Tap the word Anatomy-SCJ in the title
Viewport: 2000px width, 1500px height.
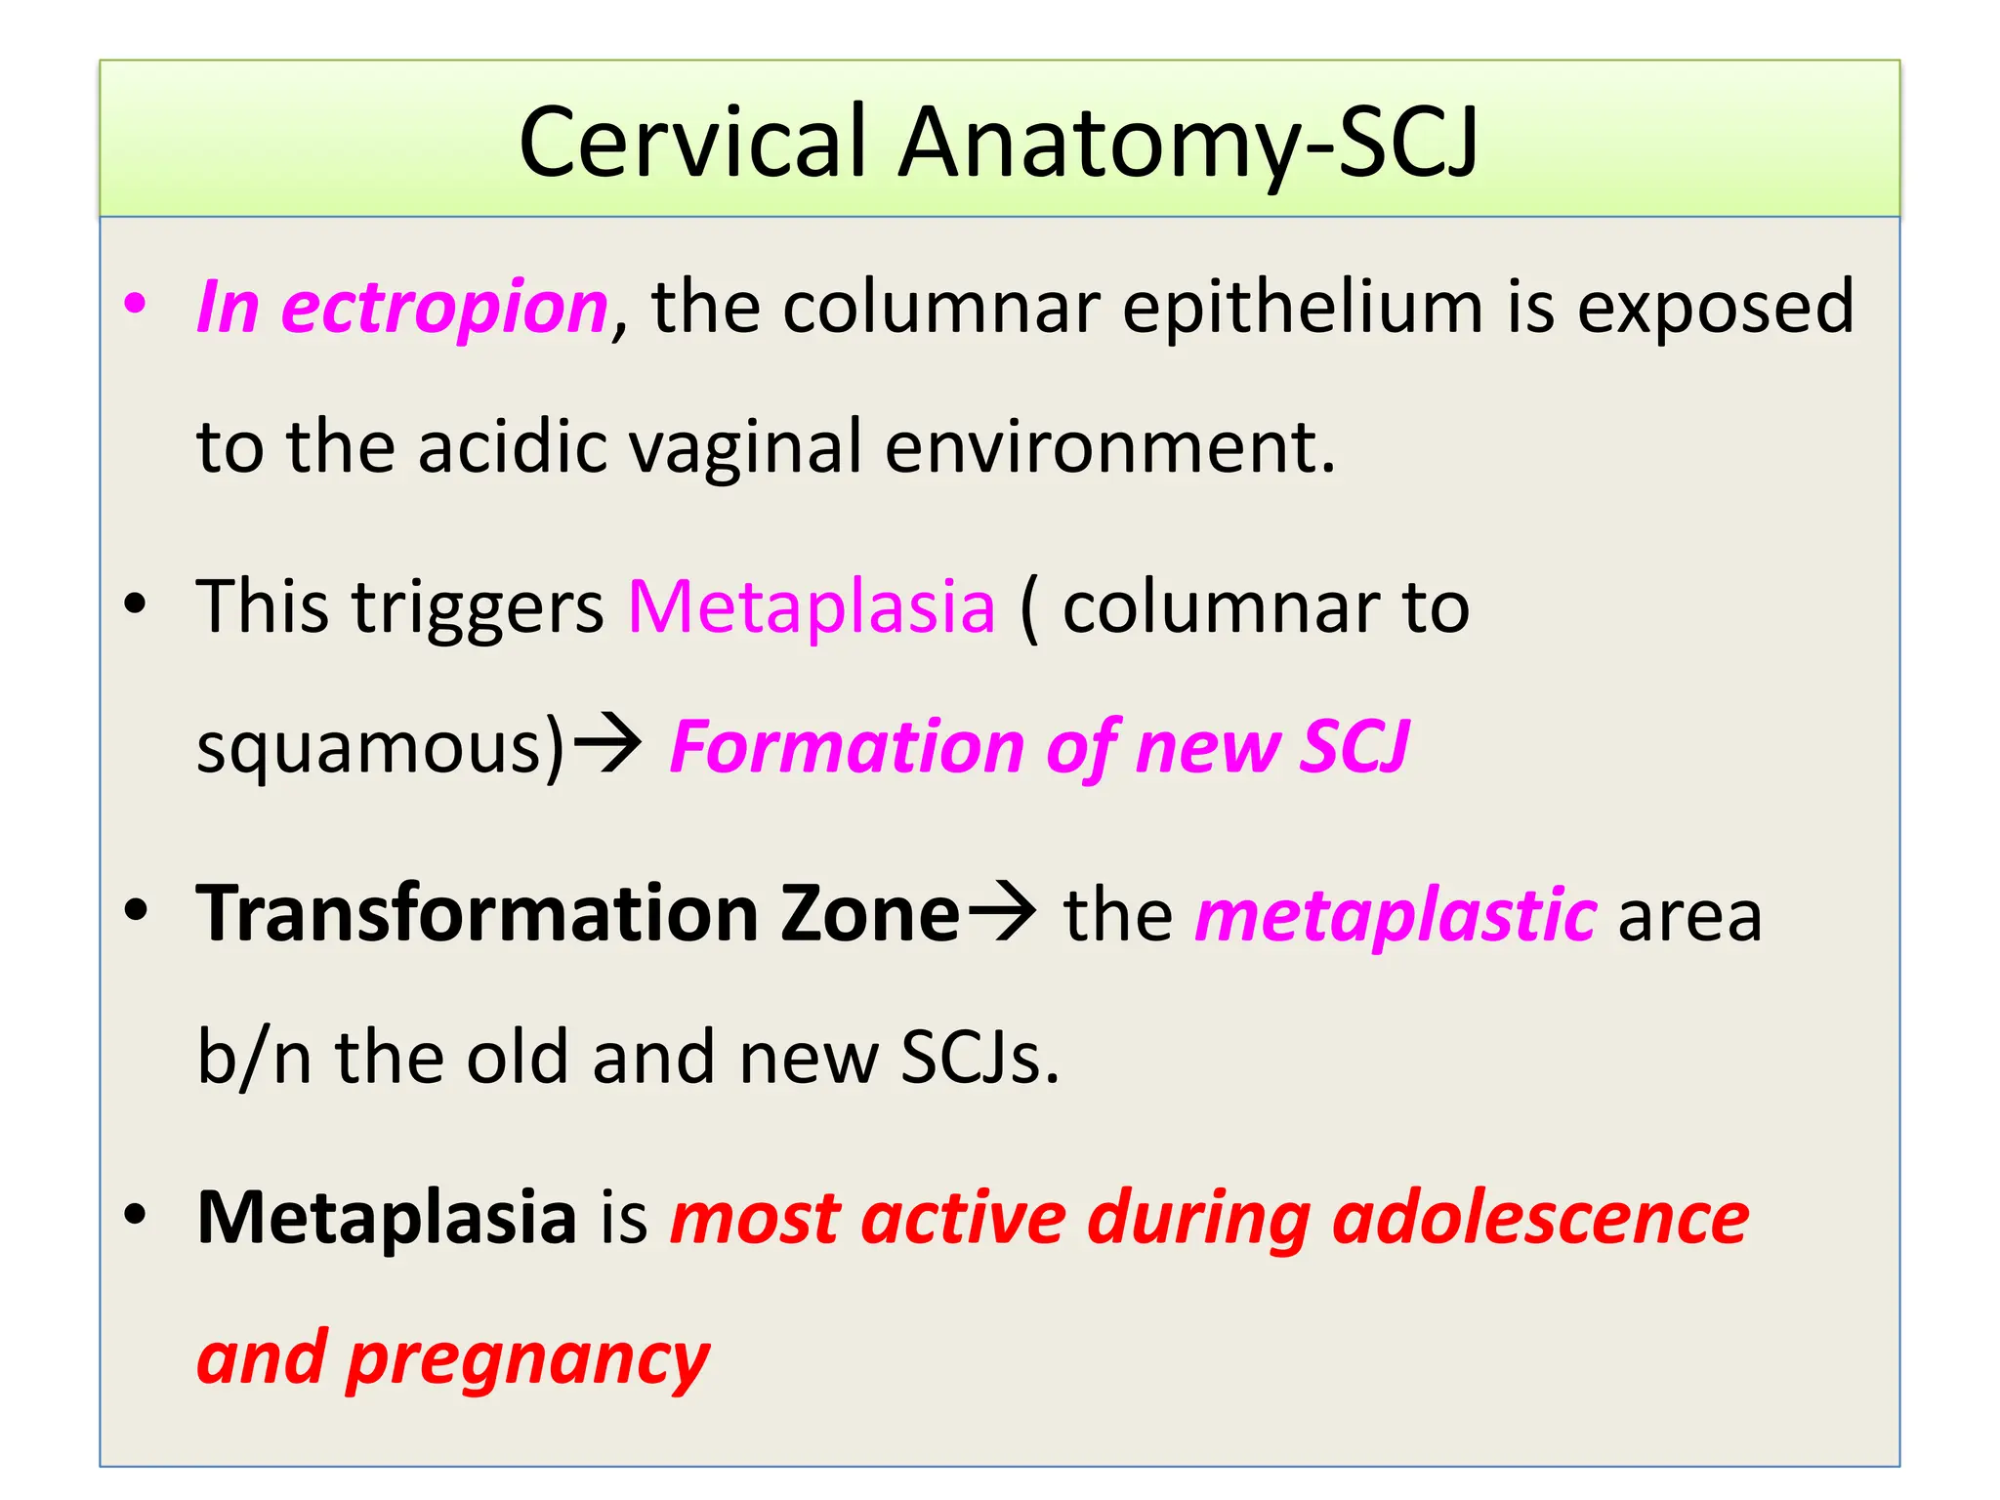click(1188, 145)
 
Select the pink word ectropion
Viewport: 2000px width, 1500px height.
click(444, 308)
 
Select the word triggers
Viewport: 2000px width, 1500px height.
click(478, 607)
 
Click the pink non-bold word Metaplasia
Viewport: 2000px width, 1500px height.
click(812, 607)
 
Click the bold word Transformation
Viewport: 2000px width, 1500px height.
click(478, 914)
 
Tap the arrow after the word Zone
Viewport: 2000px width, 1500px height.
click(1001, 912)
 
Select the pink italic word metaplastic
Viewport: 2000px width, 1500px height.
click(1396, 916)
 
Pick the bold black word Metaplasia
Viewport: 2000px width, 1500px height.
click(387, 1218)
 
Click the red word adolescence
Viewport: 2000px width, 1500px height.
click(1540, 1218)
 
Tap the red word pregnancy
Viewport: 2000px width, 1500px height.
click(527, 1360)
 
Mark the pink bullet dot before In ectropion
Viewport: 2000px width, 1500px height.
click(135, 303)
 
